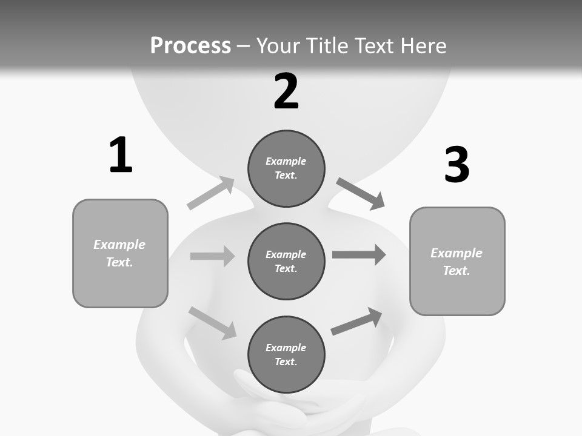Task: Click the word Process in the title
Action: tap(190, 46)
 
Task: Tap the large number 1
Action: tap(121, 156)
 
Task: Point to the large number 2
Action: tap(286, 91)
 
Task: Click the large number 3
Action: tap(457, 165)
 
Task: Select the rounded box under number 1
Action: tap(120, 253)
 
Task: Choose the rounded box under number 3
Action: tap(457, 261)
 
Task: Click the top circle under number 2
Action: tap(286, 168)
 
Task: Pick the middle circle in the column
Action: tap(286, 261)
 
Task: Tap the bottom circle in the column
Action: tap(286, 354)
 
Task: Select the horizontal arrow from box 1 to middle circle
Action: tap(212, 256)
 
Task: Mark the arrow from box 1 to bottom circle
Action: tap(212, 323)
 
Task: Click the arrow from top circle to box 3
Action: tap(360, 193)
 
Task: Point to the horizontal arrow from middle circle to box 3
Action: tap(359, 254)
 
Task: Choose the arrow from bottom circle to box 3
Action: tap(356, 322)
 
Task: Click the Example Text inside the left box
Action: tap(119, 253)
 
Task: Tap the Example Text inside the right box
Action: tap(457, 262)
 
